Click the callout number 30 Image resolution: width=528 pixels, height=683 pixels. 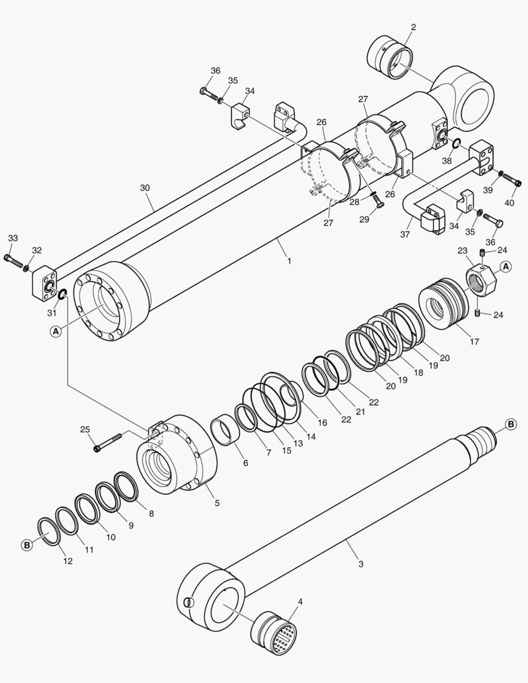click(x=145, y=188)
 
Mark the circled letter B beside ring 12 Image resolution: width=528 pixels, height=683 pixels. click(x=27, y=545)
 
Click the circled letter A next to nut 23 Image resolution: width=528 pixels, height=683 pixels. click(x=506, y=266)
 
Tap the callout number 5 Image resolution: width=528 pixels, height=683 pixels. click(x=217, y=503)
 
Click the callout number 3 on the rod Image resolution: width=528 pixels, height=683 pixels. click(x=360, y=563)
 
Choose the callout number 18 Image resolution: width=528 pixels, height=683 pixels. click(x=418, y=374)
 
